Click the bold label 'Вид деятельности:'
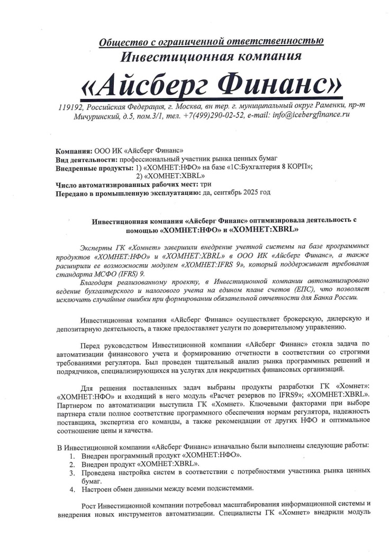point(87,159)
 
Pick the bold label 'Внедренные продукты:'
point(94,167)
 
